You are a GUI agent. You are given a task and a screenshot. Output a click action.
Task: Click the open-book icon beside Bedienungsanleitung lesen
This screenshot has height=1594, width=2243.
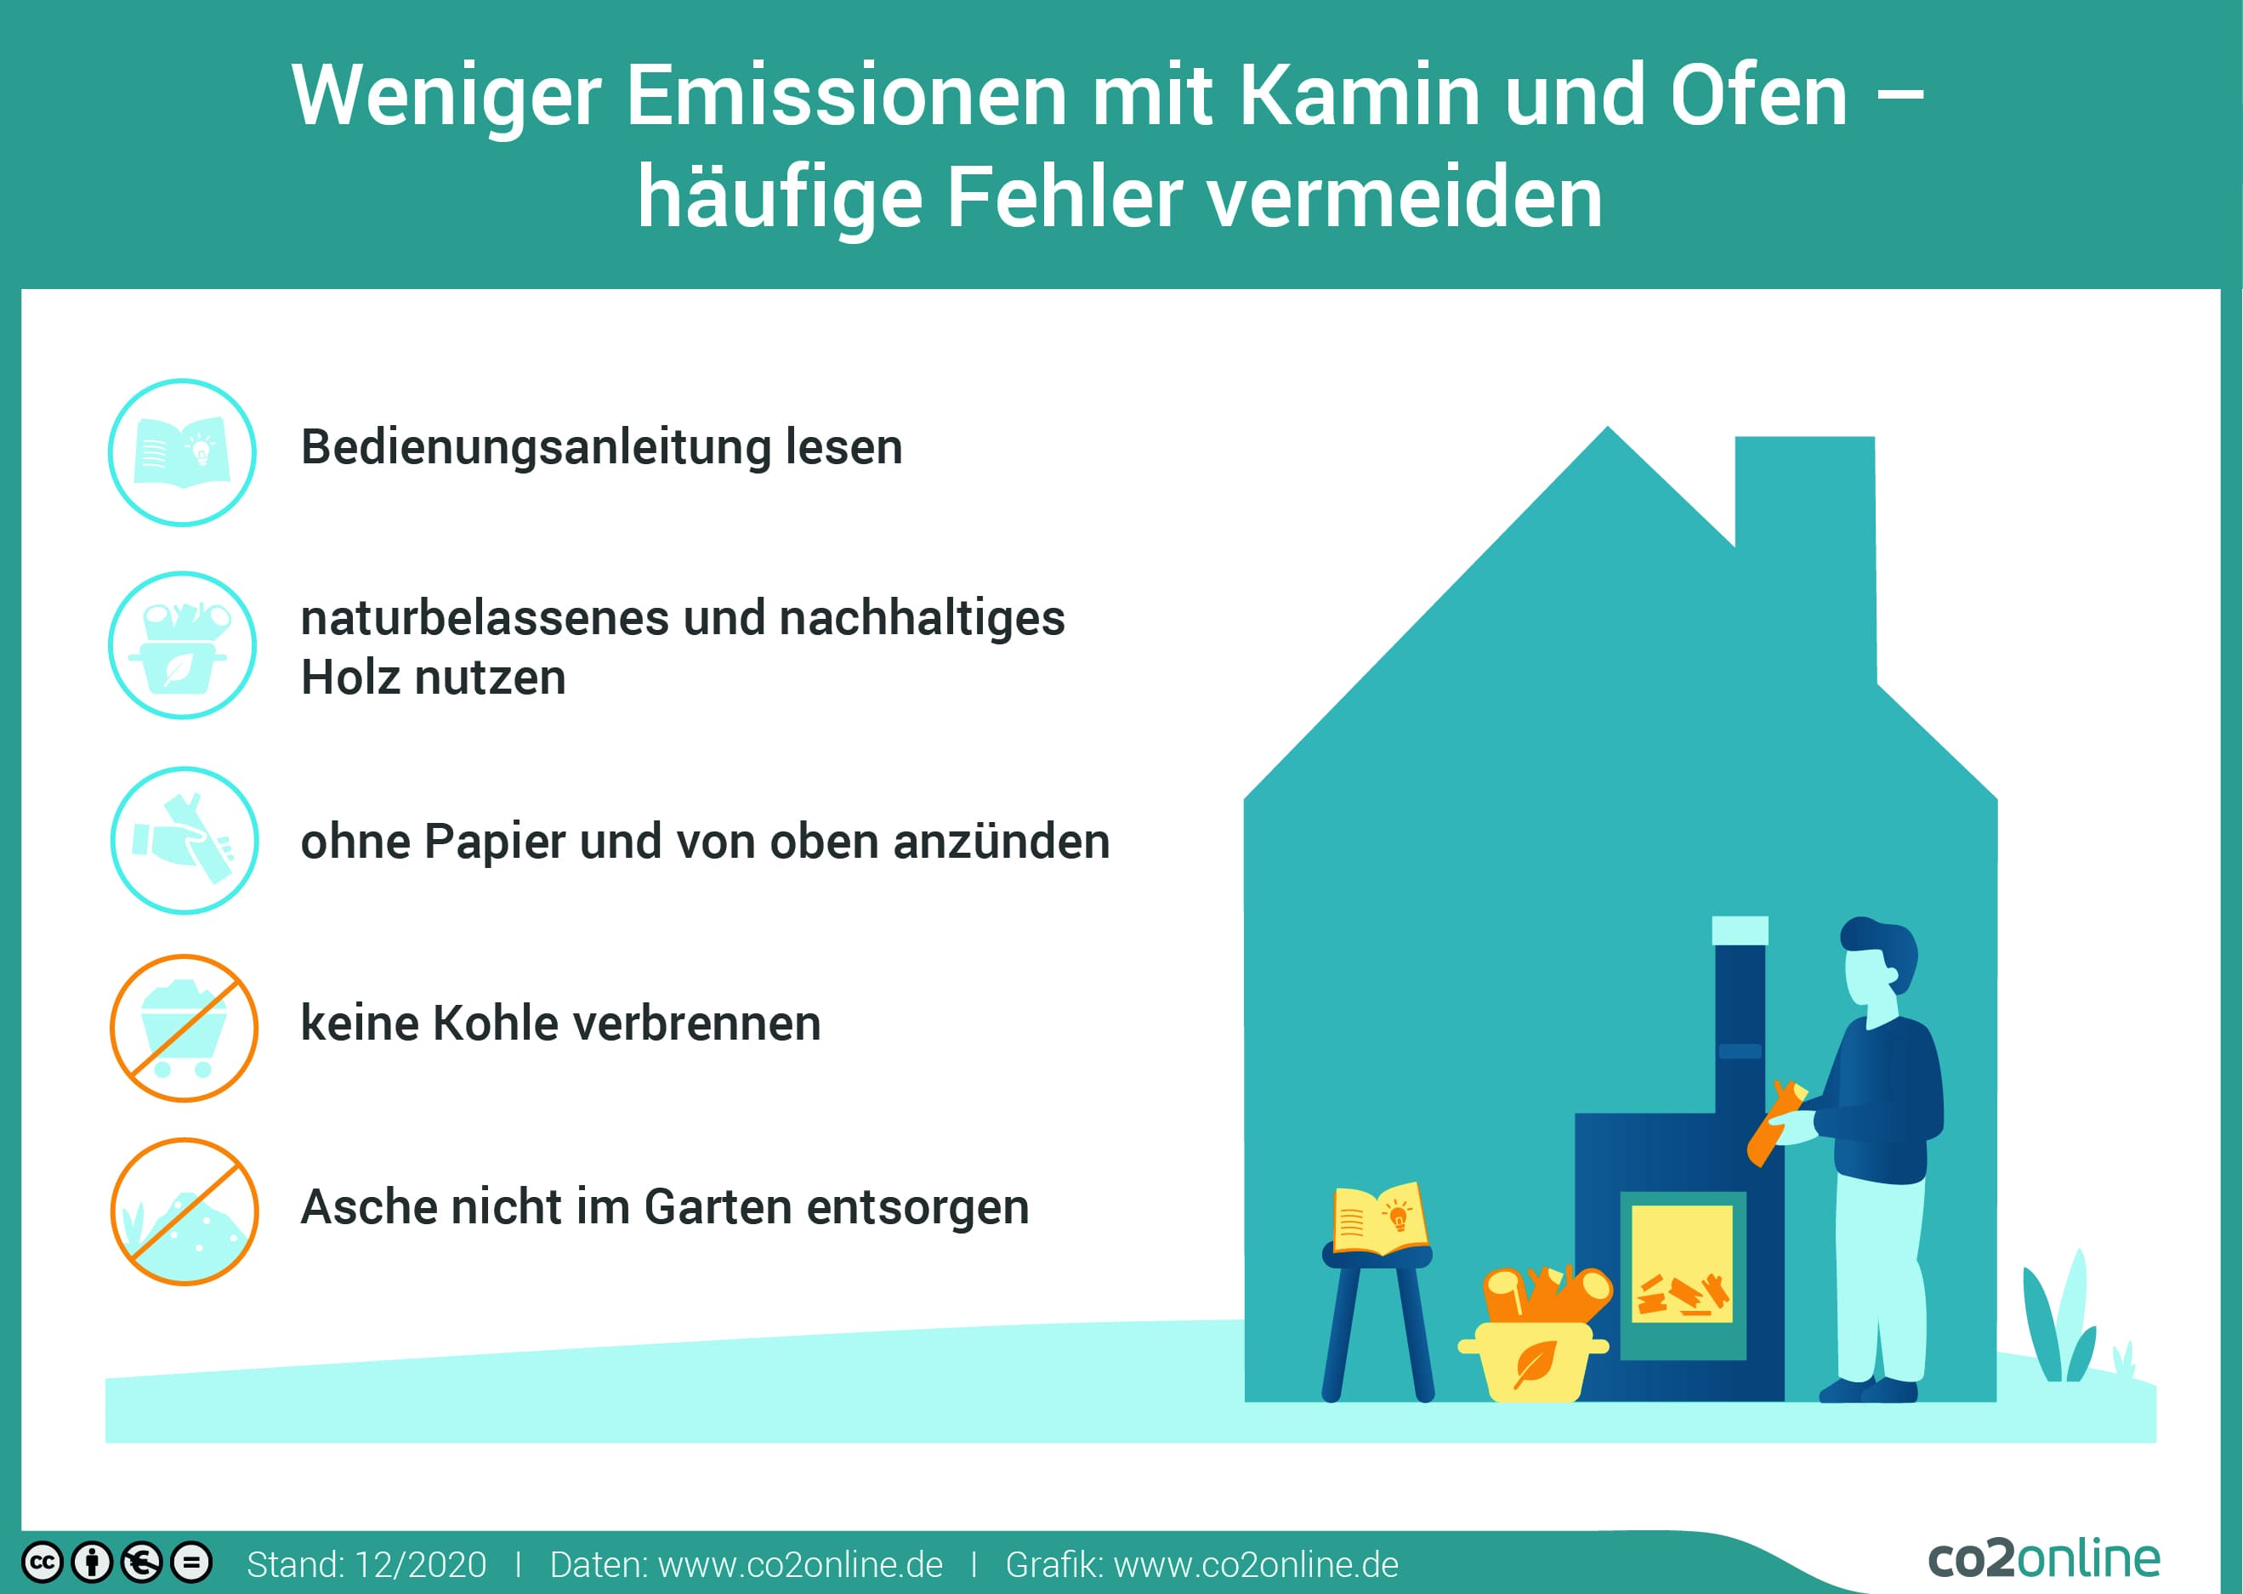tap(182, 452)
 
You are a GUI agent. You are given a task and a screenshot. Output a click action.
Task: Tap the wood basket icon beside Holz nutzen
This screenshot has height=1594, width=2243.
tap(182, 645)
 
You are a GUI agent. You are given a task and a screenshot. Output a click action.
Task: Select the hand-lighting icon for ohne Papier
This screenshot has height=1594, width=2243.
tap(184, 840)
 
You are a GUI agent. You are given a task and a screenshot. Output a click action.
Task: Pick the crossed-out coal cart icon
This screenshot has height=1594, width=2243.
tap(184, 1028)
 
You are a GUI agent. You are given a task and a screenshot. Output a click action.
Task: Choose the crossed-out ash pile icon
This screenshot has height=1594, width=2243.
tap(184, 1211)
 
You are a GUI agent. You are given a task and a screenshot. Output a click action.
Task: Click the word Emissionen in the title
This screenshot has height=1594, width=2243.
tap(846, 95)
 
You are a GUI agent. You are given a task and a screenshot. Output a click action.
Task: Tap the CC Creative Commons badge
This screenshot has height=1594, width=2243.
tap(43, 1563)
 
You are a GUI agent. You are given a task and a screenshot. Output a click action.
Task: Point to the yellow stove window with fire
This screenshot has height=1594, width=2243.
tap(1682, 1263)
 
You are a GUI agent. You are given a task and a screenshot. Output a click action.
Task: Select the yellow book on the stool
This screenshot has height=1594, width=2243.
tap(1378, 1218)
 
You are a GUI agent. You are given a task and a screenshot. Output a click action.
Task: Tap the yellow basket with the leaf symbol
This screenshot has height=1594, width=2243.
tap(1532, 1360)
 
